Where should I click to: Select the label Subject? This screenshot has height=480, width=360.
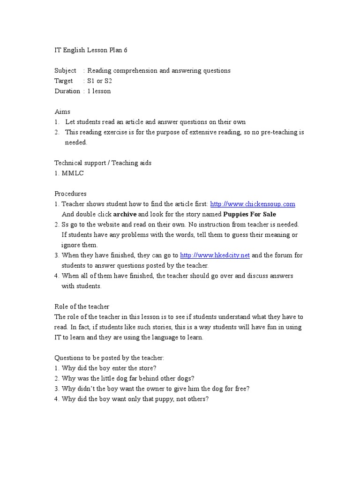[65, 71]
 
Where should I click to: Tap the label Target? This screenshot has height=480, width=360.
[64, 81]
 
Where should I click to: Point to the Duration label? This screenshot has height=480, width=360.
[67, 91]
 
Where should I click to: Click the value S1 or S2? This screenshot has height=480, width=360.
[100, 81]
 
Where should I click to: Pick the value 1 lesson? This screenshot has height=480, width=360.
[99, 91]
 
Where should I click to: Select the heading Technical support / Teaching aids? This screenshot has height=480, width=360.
[103, 163]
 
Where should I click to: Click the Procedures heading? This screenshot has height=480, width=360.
[70, 194]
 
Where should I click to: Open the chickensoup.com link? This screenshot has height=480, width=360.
[253, 204]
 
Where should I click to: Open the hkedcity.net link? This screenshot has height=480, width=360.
[215, 255]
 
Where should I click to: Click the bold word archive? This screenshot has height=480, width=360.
[125, 214]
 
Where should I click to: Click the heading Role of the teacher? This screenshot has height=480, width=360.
[82, 307]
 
